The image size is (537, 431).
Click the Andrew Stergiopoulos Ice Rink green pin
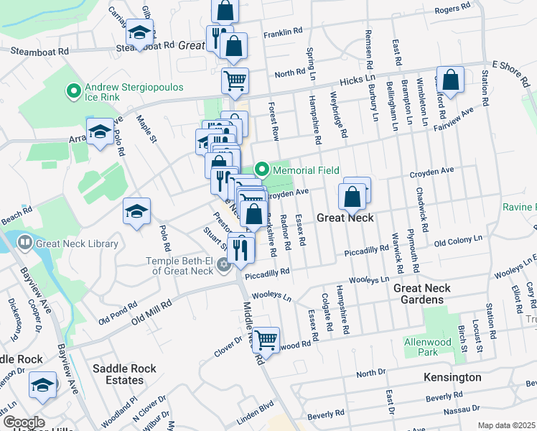73,91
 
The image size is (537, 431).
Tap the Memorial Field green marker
262,170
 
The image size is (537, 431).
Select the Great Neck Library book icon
24,244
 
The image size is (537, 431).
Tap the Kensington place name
453,377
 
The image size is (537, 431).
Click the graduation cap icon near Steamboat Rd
139,32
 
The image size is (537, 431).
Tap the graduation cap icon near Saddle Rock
42,385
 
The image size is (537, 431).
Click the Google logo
23,422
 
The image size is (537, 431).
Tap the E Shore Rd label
510,67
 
